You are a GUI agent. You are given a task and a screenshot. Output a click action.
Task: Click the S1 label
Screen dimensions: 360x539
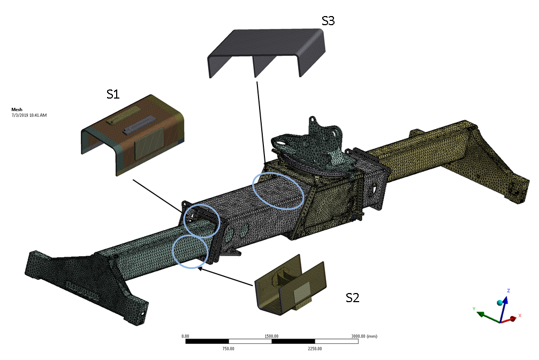[113, 94]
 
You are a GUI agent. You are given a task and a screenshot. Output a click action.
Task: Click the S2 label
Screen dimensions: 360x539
[352, 298]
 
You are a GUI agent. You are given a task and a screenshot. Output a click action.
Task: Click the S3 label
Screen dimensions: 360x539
[328, 21]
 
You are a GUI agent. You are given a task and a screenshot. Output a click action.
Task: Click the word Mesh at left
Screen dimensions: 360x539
[17, 109]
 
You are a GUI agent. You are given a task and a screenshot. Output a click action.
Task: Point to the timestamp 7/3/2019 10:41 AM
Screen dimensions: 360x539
[29, 115]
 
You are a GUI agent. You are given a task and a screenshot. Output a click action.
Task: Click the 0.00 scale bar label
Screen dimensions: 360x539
[186, 336]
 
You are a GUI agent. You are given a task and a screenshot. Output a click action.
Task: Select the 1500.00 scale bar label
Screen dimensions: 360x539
[272, 336]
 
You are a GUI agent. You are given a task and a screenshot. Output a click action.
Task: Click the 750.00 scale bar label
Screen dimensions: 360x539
[229, 349]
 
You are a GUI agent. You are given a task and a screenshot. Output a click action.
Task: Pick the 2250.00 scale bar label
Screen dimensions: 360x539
[315, 349]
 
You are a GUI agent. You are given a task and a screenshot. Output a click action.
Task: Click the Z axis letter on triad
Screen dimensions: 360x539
[508, 290]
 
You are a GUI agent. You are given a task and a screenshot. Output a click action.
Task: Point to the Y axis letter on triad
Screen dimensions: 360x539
[474, 309]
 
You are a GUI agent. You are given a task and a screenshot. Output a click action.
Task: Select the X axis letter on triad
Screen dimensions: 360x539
[520, 316]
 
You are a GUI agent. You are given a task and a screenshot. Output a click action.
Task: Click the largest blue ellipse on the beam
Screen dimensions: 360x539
[278, 191]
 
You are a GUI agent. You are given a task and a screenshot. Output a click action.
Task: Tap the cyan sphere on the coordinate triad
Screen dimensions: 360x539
[500, 303]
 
